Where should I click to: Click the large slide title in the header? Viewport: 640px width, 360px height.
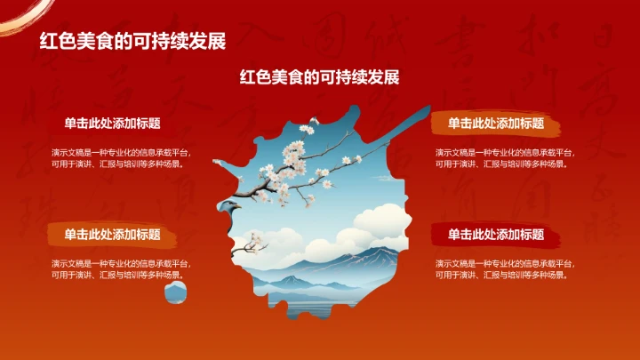pos(132,41)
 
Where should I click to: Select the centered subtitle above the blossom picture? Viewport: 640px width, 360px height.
pos(319,77)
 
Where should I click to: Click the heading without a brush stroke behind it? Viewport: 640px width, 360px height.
pos(112,124)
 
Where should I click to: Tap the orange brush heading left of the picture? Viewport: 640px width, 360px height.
pos(112,235)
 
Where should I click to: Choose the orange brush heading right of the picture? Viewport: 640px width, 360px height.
pos(496,124)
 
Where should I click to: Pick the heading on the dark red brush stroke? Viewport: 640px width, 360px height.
pos(496,235)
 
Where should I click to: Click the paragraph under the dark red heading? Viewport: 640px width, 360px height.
pos(503,269)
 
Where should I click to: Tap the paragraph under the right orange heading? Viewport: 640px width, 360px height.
pos(503,158)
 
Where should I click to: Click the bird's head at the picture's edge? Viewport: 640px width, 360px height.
pos(231,208)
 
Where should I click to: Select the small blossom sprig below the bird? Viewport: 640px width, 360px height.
pos(255,240)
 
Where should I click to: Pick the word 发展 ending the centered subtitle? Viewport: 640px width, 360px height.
pos(383,77)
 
